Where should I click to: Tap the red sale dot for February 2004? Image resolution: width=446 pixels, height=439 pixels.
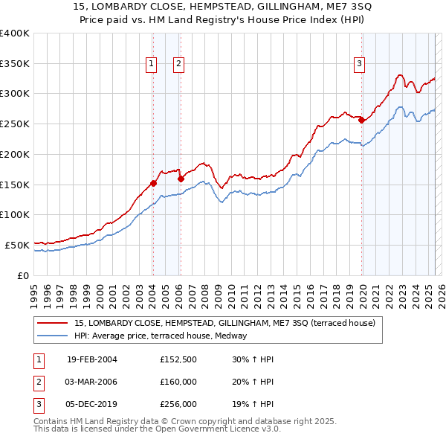point(153,182)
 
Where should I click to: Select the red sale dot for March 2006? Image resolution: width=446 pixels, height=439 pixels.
point(181,178)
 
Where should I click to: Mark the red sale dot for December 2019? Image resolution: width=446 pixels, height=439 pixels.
point(361,120)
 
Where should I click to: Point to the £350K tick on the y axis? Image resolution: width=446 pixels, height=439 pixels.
point(15,63)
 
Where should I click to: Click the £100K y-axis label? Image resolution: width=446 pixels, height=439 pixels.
point(15,214)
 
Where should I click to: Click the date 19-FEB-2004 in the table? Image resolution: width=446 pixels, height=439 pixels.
point(92,359)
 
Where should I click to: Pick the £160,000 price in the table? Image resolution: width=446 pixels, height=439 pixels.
point(178,382)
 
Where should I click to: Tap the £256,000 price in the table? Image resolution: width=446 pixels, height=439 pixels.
point(178,405)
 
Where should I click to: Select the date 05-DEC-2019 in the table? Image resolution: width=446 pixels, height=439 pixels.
point(92,405)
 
